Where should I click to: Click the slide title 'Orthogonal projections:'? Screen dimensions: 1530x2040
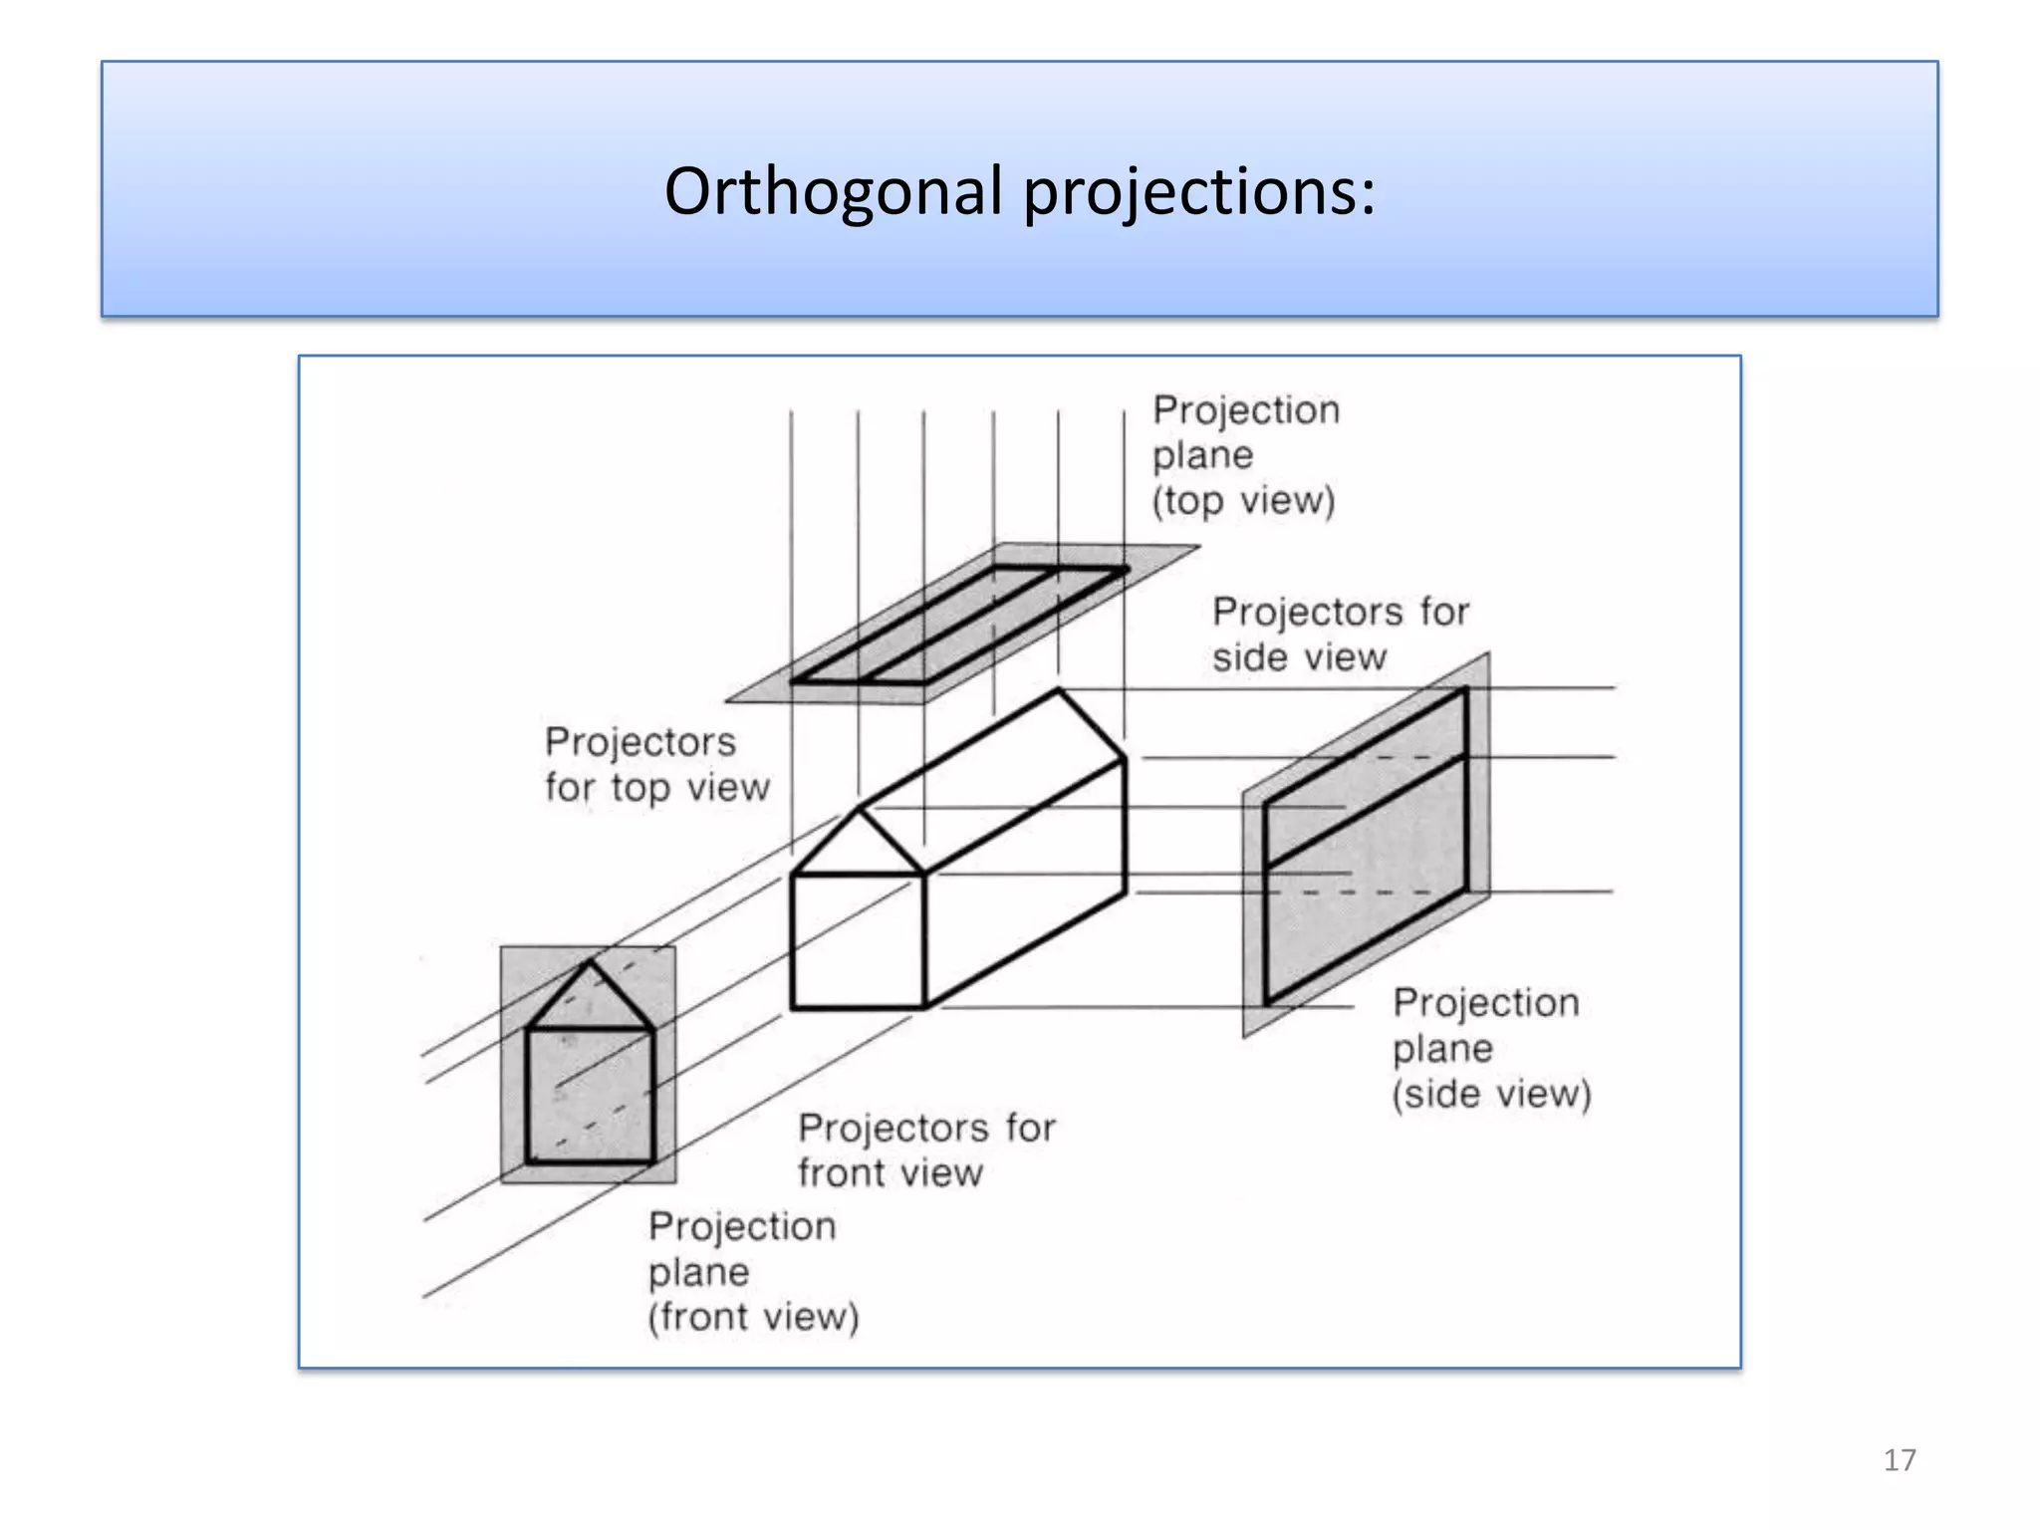pyautogui.click(x=1019, y=190)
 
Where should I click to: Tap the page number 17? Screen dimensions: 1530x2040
pyautogui.click(x=1899, y=1460)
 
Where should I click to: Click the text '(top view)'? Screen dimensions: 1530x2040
pyautogui.click(x=1243, y=500)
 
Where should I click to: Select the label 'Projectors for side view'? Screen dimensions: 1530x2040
pyautogui.click(x=1339, y=635)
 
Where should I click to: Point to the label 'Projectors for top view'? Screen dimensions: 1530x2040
pyautogui.click(x=655, y=764)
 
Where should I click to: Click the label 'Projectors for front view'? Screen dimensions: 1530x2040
pyautogui.click(x=925, y=1149)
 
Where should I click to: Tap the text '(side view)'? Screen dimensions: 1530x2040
pyautogui.click(x=1491, y=1094)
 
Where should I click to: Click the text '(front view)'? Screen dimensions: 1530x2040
pyautogui.click(x=753, y=1317)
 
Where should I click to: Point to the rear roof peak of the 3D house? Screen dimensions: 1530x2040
pyautogui.click(x=1058, y=689)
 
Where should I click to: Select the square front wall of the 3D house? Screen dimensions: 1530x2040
pyautogui.click(x=857, y=941)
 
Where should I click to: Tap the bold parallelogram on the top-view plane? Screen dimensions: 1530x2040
pyautogui.click(x=958, y=626)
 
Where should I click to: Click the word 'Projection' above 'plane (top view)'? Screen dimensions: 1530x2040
pyautogui.click(x=1245, y=410)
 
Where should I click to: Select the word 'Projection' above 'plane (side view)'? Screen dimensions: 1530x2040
pyautogui.click(x=1485, y=1003)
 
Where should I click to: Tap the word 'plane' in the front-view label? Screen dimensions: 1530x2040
pyautogui.click(x=698, y=1272)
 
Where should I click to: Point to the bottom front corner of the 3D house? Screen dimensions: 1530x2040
pyautogui.click(x=924, y=1008)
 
